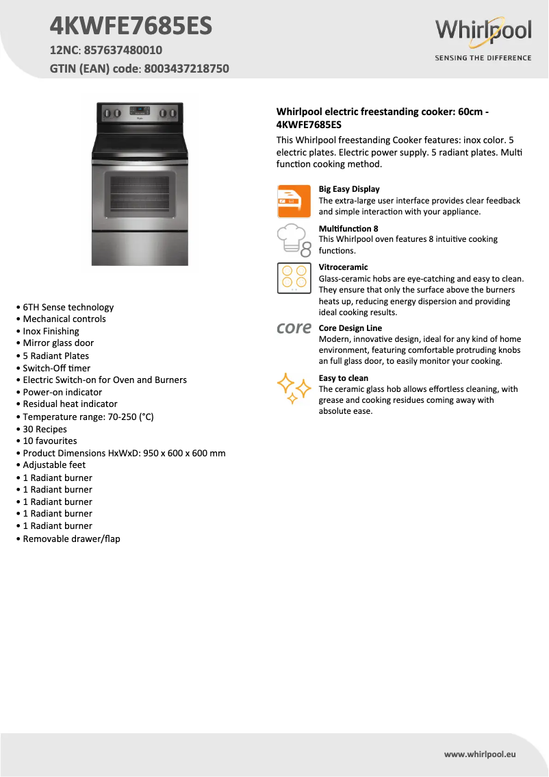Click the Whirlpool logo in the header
point(483,32)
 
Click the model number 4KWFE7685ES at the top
point(131,26)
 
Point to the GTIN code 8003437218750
point(187,69)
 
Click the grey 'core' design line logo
point(294,328)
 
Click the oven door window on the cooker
point(140,196)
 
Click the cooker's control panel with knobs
point(140,114)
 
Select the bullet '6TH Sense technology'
point(68,307)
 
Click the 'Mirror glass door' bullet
point(58,343)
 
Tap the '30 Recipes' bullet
point(45,429)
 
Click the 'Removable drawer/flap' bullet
point(71,539)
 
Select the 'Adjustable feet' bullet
point(54,465)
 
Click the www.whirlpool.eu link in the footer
point(480,754)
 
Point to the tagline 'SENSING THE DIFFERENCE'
point(483,58)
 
